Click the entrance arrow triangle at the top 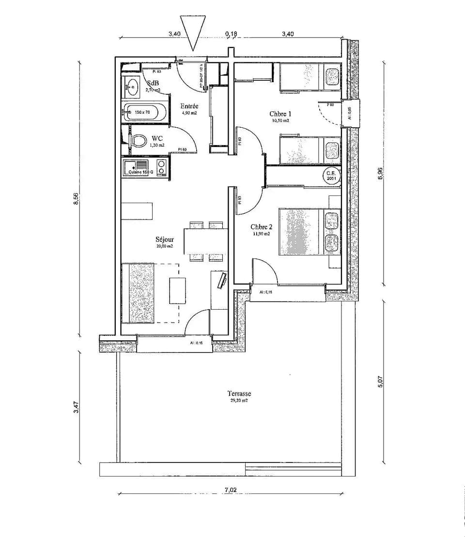pyautogui.click(x=193, y=30)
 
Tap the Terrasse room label pyautogui.click(x=239, y=394)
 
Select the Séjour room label pyautogui.click(x=165, y=239)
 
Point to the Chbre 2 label pyautogui.click(x=262, y=227)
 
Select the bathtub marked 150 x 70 pyautogui.click(x=144, y=113)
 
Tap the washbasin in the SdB pyautogui.click(x=131, y=87)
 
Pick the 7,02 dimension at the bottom pyautogui.click(x=231, y=490)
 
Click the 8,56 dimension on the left pyautogui.click(x=76, y=199)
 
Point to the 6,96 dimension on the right pyautogui.click(x=380, y=174)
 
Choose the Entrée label pyautogui.click(x=189, y=106)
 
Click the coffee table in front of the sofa pyautogui.click(x=177, y=290)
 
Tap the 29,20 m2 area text pyautogui.click(x=239, y=401)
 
